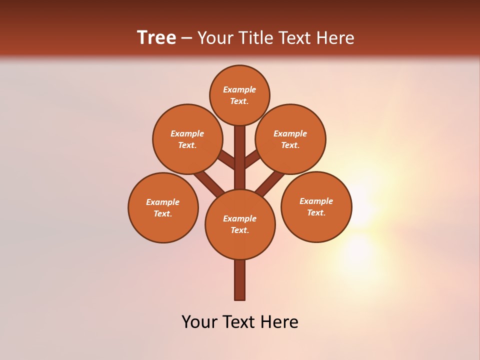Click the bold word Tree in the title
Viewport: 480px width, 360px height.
tap(156, 37)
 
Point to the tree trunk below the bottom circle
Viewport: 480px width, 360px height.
tap(240, 280)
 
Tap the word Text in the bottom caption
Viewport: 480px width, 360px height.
tap(241, 322)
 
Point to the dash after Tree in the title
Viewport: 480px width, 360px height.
tap(187, 38)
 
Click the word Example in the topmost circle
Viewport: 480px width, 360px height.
tap(239, 89)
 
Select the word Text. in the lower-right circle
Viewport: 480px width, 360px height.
tap(316, 212)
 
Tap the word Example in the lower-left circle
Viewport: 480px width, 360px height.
tap(162, 202)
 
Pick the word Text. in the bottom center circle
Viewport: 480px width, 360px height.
tap(239, 230)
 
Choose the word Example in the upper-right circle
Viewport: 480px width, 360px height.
tap(290, 133)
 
